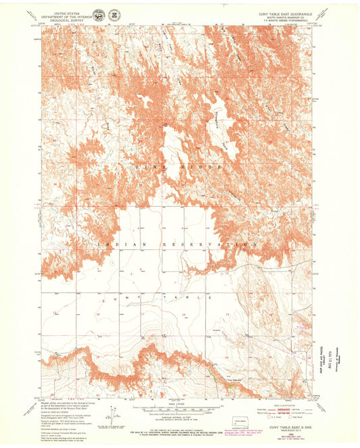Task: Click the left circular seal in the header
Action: tap(99, 14)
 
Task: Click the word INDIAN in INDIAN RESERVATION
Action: tap(113, 244)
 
